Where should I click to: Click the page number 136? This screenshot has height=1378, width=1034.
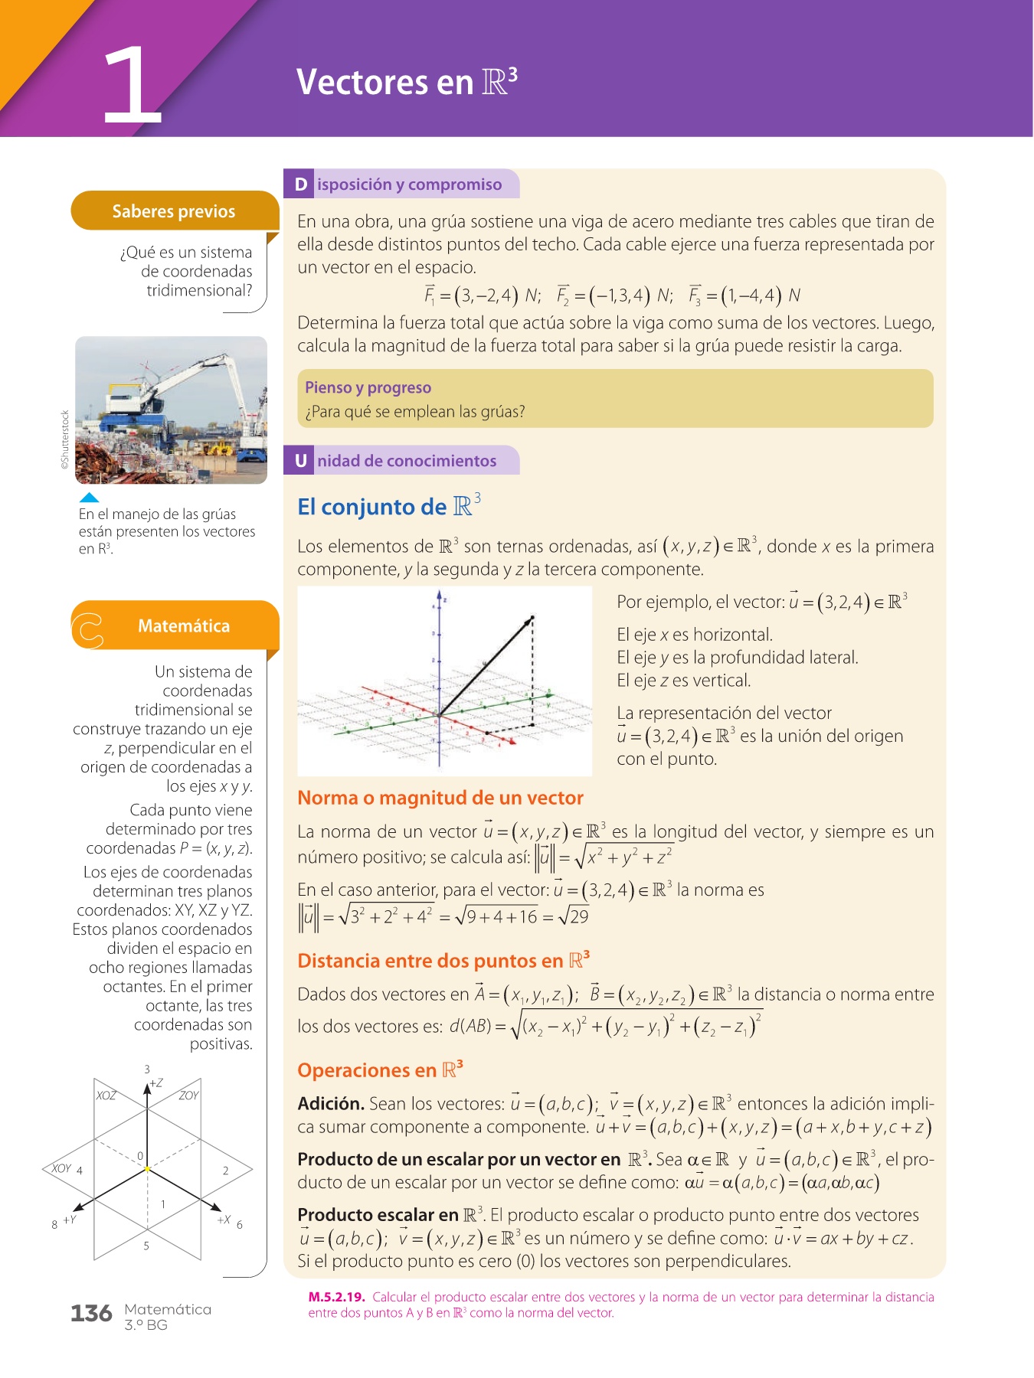[91, 1314]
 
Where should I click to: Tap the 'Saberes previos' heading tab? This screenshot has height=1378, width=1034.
[174, 211]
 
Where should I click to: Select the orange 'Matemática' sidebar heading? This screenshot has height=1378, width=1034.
[183, 626]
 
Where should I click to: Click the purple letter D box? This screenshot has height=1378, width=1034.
[300, 184]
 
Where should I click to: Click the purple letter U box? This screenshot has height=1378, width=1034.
[300, 461]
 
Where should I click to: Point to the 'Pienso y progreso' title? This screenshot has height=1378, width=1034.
[368, 387]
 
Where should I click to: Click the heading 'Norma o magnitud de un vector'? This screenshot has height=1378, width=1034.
[440, 798]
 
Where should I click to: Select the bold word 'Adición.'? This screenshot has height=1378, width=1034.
[331, 1104]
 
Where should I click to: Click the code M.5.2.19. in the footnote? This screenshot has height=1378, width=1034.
[336, 1297]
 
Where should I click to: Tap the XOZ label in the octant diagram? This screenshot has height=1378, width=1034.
[106, 1096]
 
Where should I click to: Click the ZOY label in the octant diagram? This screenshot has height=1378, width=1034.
[188, 1096]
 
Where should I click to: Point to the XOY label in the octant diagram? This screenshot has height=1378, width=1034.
[61, 1168]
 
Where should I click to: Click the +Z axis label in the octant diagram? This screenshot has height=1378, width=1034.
[156, 1083]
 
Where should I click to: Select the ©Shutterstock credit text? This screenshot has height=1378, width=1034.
[66, 439]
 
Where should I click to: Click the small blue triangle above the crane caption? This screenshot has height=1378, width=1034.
[90, 498]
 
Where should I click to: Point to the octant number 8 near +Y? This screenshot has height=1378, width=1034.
[54, 1224]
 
